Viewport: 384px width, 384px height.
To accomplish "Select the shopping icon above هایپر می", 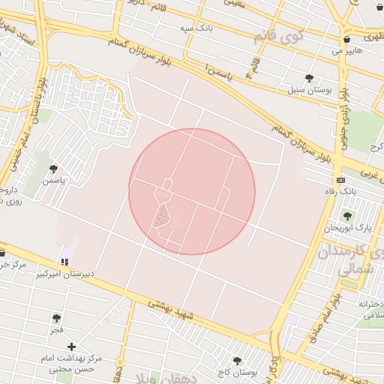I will (346, 39).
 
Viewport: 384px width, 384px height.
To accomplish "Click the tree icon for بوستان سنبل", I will (310, 77).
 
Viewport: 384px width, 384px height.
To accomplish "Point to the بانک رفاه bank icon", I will (341, 180).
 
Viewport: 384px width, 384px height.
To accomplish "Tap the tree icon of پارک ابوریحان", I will (347, 215).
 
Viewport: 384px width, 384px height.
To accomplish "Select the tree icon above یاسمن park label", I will (52, 169).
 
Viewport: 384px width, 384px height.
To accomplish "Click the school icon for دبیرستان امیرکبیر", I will (64, 262).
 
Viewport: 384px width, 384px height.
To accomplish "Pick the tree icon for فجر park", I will (57, 318).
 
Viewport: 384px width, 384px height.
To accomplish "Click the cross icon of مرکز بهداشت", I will (72, 346).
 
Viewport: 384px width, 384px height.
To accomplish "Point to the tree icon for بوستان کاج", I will (238, 361).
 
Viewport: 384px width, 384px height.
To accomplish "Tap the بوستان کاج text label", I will (241, 372).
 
